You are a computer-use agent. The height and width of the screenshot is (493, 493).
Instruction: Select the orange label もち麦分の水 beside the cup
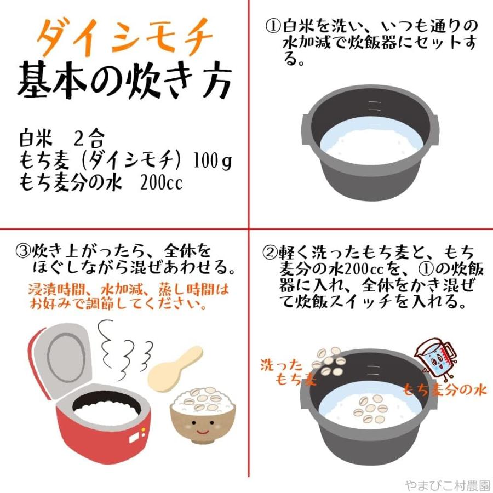(444, 390)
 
